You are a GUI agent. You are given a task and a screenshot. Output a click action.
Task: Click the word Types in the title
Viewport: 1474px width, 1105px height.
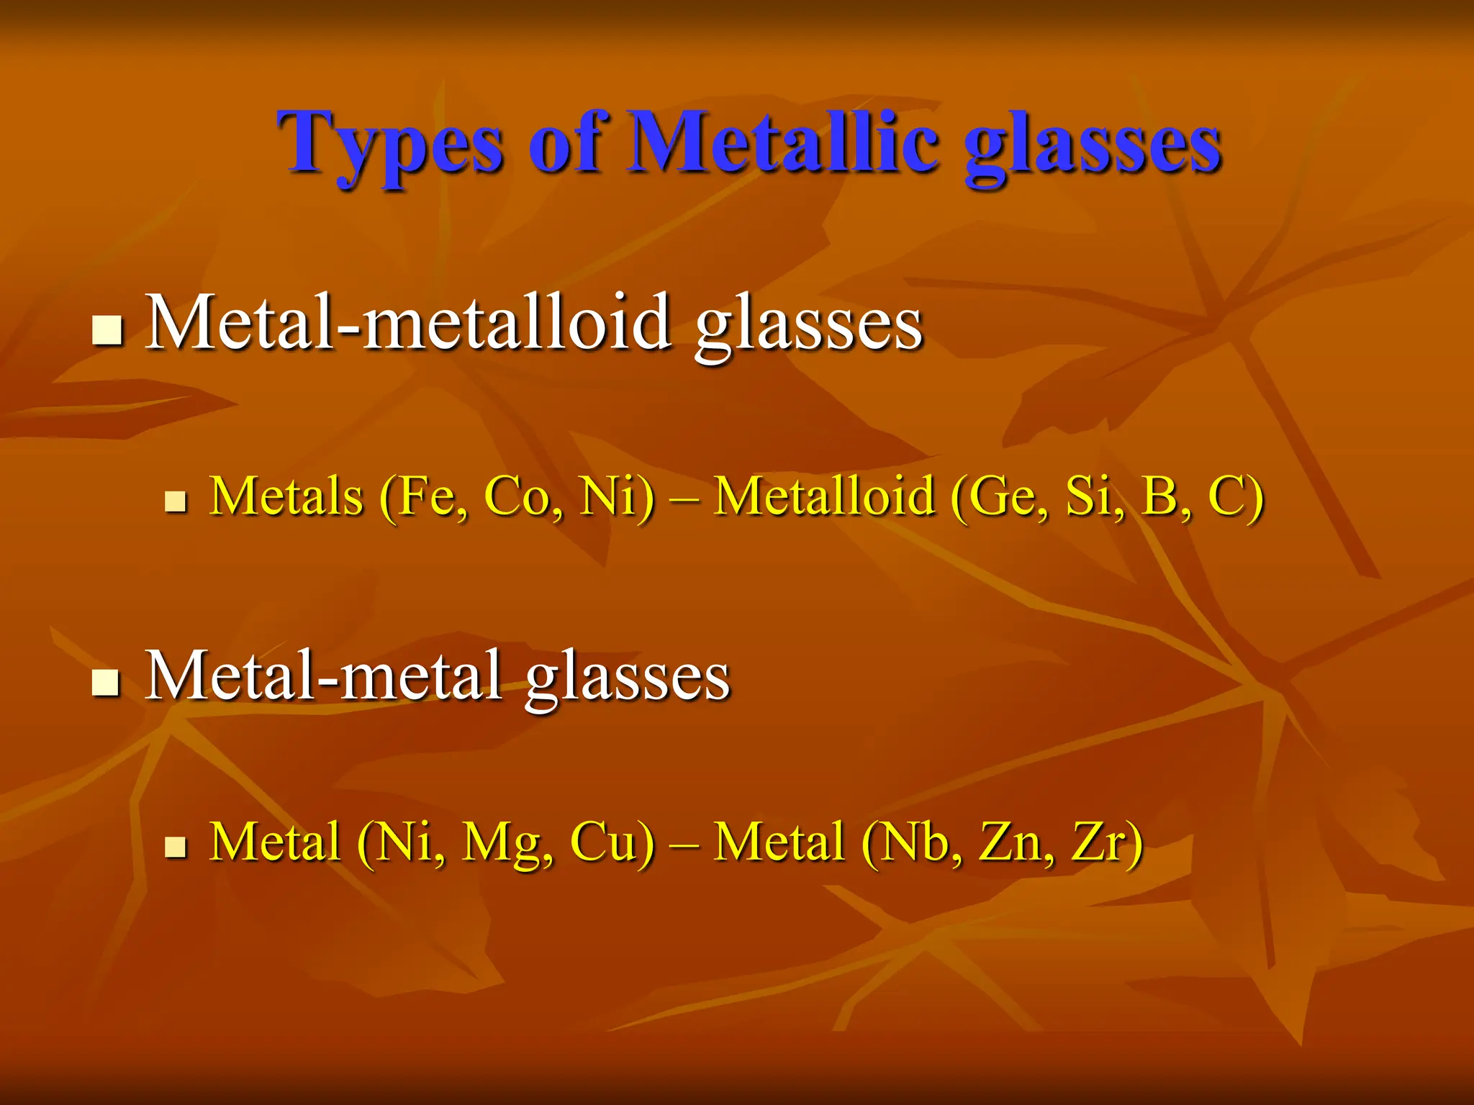click(389, 144)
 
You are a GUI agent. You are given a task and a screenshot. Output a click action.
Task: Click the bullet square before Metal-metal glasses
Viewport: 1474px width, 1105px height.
click(107, 682)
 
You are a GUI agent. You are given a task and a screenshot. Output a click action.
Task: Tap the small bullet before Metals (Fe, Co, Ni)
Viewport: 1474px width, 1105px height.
click(175, 501)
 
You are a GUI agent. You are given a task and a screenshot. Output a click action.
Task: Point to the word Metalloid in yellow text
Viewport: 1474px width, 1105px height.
click(823, 496)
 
